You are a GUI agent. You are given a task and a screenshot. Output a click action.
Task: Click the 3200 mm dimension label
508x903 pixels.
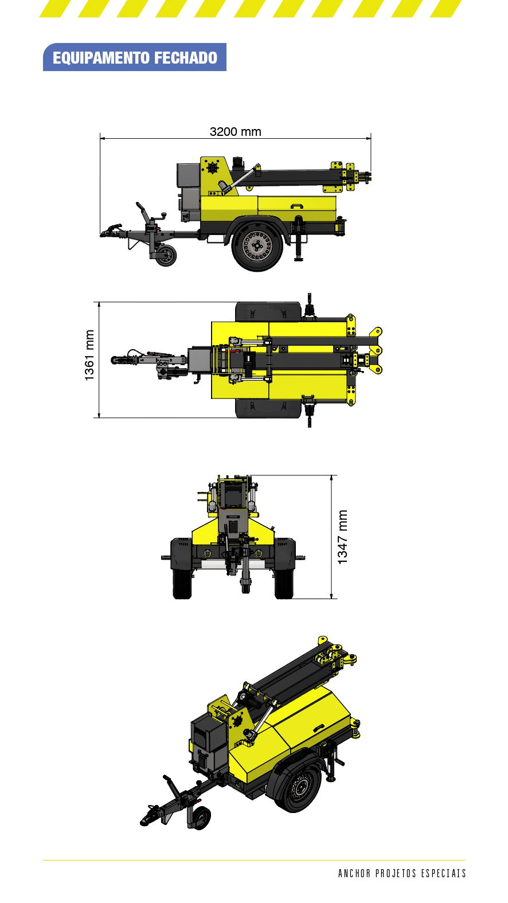[x=236, y=132]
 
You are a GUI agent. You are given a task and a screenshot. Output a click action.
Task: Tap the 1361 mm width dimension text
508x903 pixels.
[x=89, y=355]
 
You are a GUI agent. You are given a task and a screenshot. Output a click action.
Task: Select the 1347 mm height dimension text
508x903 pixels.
[x=342, y=537]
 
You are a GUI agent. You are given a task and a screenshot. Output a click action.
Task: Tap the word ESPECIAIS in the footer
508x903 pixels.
[x=443, y=874]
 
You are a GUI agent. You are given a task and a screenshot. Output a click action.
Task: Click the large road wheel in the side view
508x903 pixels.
[x=257, y=245]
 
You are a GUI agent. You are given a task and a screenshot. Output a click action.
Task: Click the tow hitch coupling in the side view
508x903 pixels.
[x=111, y=230]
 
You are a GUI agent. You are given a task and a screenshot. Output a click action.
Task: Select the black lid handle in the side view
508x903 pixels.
[x=297, y=206]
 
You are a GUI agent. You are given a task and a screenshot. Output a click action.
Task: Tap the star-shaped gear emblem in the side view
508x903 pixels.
[x=213, y=167]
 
